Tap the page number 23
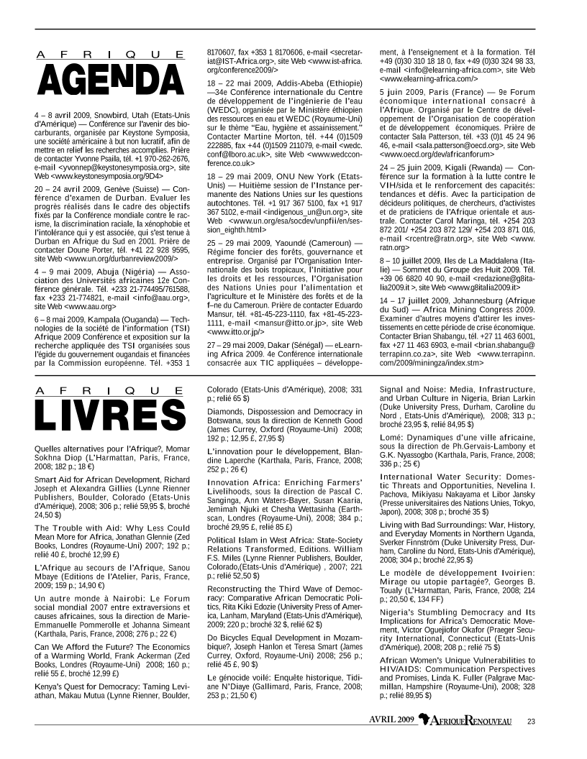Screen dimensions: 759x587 [x=531, y=721]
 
